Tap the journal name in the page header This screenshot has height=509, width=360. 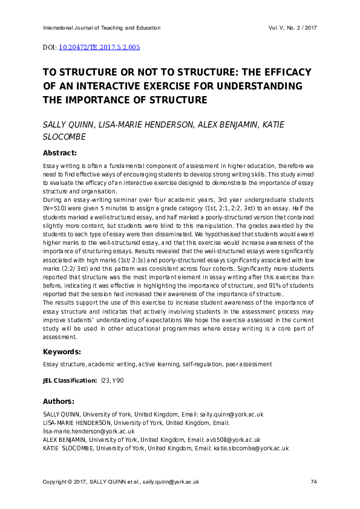(102, 28)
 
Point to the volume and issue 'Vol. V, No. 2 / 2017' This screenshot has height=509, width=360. (292, 28)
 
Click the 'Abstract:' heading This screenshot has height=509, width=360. (60, 153)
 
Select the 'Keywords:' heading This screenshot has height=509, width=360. (62, 352)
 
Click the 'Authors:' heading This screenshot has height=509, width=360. (59, 401)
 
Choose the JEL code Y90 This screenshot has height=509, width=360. (120, 381)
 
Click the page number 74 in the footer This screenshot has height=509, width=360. (313, 482)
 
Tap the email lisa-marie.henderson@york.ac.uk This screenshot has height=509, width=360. (88, 431)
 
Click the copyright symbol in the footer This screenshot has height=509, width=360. (70, 482)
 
